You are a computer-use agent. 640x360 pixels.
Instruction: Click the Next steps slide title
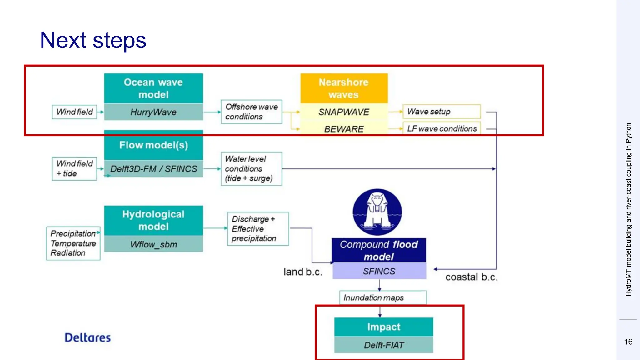93,40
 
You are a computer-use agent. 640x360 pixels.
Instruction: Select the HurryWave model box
153,112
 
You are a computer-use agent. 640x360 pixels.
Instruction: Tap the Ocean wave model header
153,88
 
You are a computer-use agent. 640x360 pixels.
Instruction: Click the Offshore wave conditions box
251,112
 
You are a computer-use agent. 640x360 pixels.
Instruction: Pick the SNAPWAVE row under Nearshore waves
344,112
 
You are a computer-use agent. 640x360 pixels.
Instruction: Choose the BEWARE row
344,129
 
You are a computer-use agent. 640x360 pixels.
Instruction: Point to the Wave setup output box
441,112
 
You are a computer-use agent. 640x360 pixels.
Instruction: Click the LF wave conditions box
441,128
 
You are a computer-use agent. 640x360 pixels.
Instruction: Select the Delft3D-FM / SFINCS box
153,169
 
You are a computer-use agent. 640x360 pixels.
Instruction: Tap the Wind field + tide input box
74,168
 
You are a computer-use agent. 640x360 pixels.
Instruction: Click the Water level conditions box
251,168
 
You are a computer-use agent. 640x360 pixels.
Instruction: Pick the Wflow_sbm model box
153,244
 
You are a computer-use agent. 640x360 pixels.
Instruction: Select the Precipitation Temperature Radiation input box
73,243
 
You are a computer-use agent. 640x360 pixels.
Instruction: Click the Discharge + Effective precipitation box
257,229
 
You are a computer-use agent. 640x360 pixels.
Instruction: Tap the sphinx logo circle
377,212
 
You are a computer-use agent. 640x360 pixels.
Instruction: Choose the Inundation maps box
382,297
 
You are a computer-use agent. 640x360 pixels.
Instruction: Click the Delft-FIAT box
384,345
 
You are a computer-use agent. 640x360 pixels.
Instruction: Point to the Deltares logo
87,337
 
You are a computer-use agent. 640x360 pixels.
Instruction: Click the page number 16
628,342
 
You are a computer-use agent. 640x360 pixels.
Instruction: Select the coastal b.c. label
471,277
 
